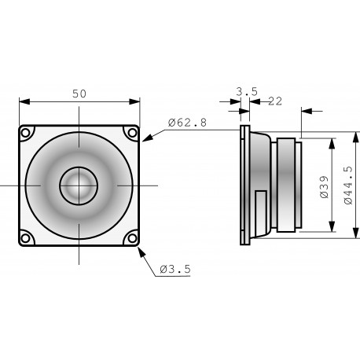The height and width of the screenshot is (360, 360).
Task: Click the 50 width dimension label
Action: click(79, 93)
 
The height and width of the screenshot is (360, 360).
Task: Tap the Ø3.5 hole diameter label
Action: click(174, 269)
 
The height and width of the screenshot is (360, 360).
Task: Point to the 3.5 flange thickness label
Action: click(246, 92)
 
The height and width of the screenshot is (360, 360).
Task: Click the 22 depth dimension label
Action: click(275, 101)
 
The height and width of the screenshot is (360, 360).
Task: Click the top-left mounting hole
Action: click(26, 132)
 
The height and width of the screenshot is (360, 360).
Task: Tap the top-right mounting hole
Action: click(131, 132)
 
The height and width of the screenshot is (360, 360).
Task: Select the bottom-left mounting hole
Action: click(26, 237)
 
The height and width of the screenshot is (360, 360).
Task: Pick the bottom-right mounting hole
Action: click(131, 237)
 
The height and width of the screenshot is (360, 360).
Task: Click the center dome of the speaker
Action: click(79, 185)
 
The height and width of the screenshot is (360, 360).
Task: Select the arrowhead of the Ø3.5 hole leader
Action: click(139, 248)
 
